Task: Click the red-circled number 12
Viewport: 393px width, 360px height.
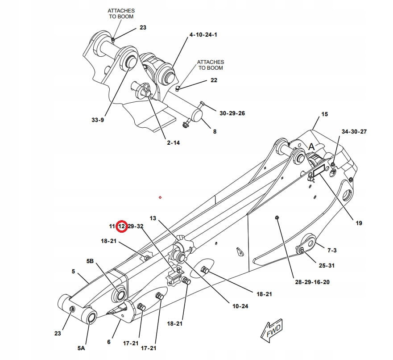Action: pos(122,226)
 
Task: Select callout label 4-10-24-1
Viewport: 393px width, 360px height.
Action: pos(203,34)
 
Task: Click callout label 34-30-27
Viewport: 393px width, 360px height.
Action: pos(354,132)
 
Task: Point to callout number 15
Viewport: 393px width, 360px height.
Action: pos(324,114)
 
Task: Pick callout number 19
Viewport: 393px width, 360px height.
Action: pos(359,223)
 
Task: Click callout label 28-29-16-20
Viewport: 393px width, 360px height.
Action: pos(312,282)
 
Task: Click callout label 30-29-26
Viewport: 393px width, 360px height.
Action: pos(232,113)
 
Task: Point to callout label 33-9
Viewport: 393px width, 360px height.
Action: pos(98,120)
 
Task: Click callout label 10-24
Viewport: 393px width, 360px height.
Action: pos(240,306)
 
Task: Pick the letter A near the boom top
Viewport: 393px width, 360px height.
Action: pos(312,146)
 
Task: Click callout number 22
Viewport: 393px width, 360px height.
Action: pos(214,80)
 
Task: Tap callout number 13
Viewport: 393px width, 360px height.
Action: pos(153,218)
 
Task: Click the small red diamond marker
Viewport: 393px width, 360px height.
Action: pos(160,197)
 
